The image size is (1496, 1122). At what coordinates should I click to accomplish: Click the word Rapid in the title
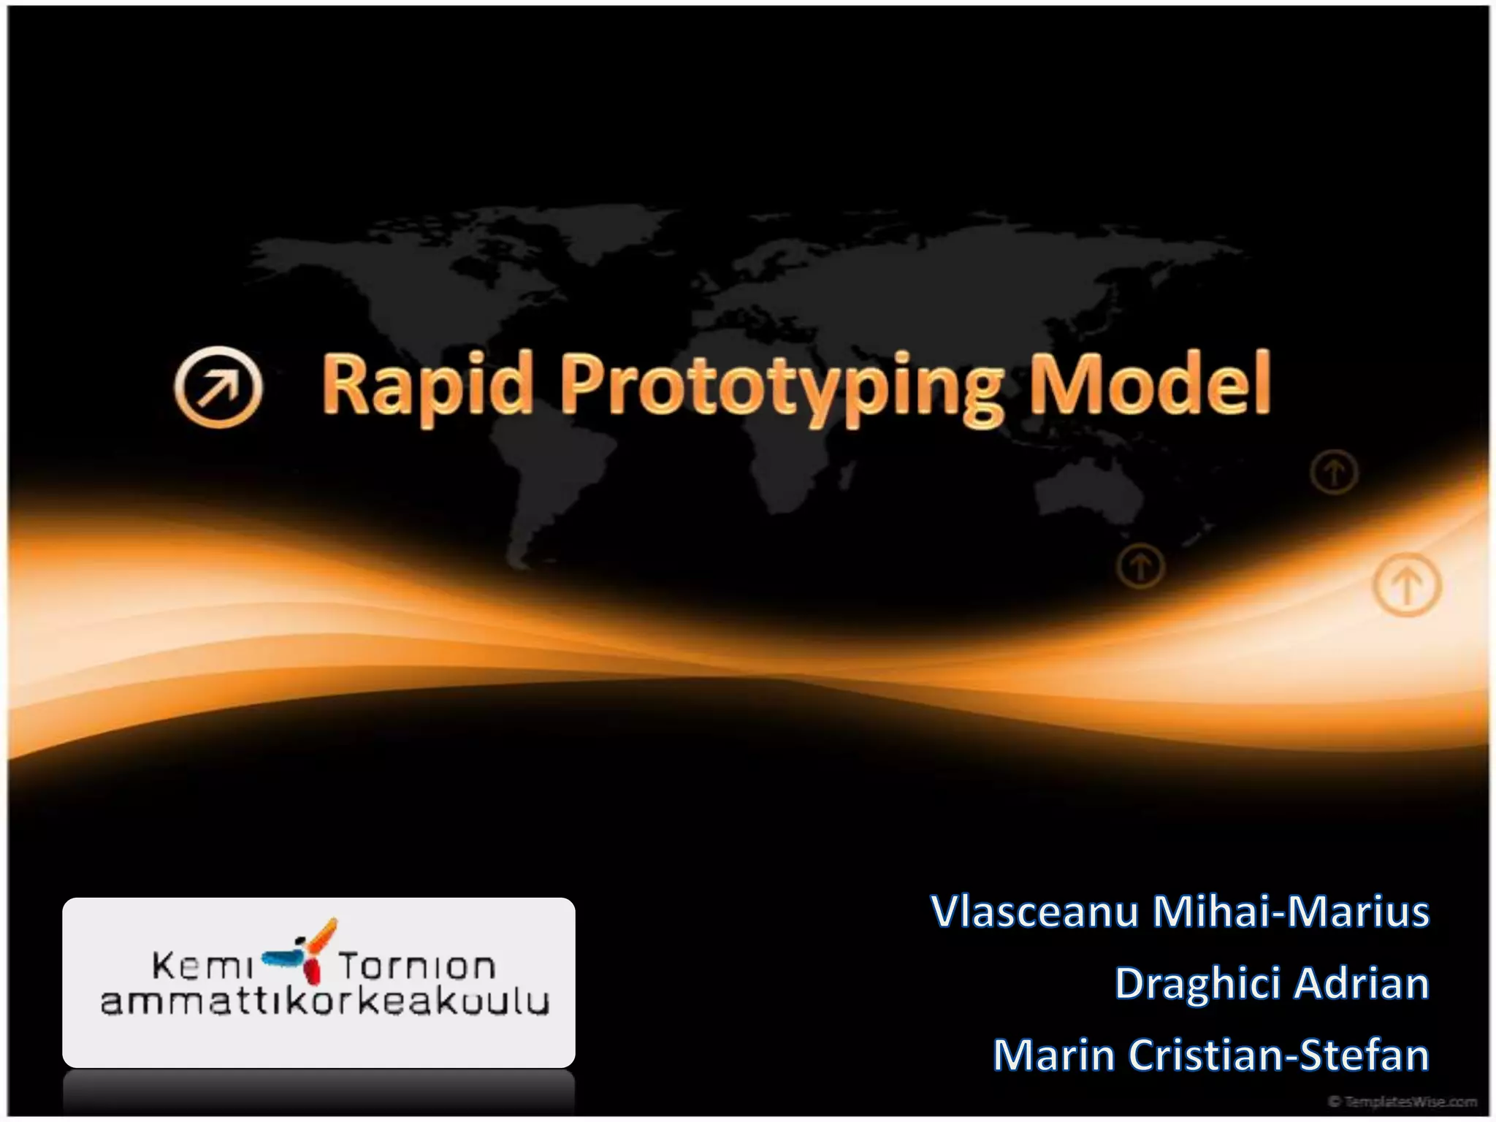(x=427, y=385)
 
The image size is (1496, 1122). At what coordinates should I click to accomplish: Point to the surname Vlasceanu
(x=1034, y=912)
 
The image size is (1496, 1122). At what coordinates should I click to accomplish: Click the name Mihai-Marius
(x=1291, y=912)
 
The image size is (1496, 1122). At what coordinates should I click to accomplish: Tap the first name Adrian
(x=1363, y=983)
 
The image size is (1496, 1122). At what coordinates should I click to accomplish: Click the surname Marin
(x=1053, y=1055)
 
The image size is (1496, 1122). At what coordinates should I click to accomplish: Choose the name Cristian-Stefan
(x=1278, y=1055)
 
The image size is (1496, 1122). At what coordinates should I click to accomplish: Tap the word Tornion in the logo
(x=417, y=966)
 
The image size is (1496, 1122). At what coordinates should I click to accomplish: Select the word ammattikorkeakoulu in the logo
(x=324, y=1002)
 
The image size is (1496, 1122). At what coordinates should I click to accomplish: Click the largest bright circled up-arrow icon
(x=1407, y=585)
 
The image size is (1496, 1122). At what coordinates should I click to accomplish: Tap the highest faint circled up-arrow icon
(x=1334, y=473)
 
